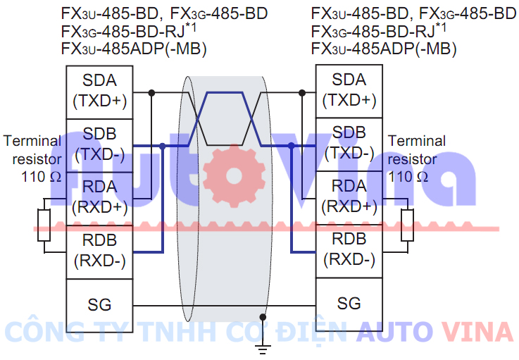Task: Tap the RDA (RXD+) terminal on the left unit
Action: [x=99, y=199]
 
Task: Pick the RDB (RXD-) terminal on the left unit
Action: [x=99, y=252]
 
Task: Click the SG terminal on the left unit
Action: [x=99, y=305]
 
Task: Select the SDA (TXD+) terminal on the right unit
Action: [x=349, y=91]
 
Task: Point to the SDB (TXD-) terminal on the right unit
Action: [x=349, y=144]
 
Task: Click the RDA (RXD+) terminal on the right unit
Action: [x=349, y=197]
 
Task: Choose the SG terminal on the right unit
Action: [x=349, y=304]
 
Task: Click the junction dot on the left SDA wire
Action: [x=151, y=92]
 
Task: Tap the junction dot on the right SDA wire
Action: [x=302, y=92]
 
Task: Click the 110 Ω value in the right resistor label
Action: [x=408, y=176]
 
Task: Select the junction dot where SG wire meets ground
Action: [x=263, y=316]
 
